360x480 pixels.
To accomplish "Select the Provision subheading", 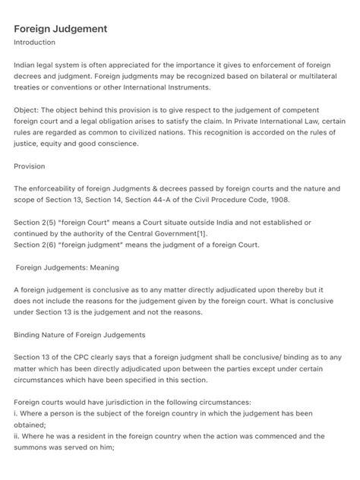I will pos(30,166).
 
